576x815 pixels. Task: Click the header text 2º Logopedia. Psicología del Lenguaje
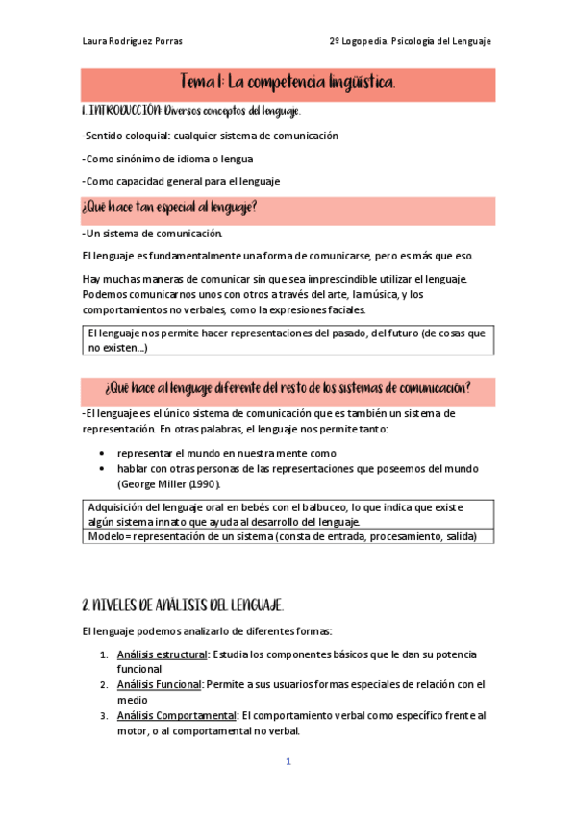coord(410,42)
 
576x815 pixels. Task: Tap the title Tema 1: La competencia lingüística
coord(288,84)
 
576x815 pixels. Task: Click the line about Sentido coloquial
coord(211,136)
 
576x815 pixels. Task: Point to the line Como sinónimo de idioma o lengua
coord(168,159)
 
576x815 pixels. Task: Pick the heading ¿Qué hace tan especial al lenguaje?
coord(170,208)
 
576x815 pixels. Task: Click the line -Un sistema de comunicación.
coord(153,234)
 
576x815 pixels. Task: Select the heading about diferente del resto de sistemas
coord(288,388)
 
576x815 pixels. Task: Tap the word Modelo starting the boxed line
coord(108,537)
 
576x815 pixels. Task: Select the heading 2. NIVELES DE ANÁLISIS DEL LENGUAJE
coord(183,605)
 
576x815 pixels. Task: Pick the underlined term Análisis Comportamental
coord(177,715)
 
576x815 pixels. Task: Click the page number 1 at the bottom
coord(287,762)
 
